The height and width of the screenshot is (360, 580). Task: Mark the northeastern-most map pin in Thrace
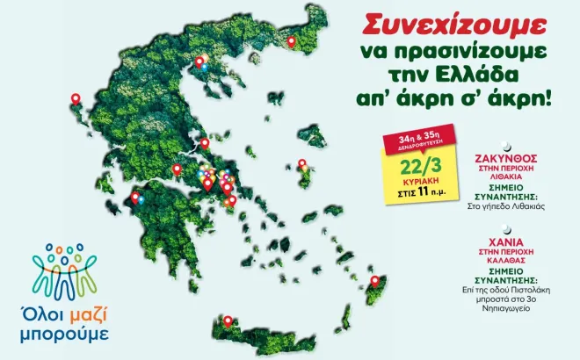point(292,40)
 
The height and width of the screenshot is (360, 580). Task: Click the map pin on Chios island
point(302,163)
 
